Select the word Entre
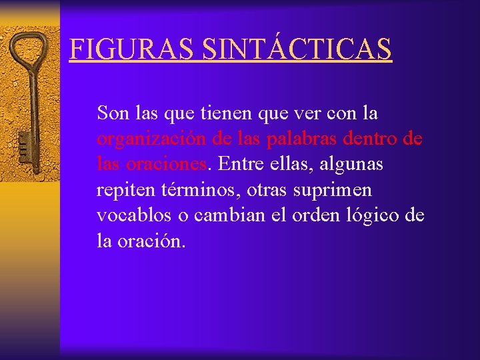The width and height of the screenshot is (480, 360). (238, 164)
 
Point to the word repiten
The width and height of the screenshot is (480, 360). (127, 191)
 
